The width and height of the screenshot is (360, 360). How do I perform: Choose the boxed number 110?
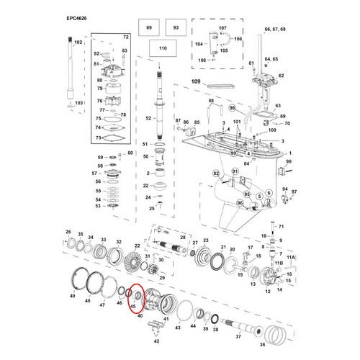coord(162,48)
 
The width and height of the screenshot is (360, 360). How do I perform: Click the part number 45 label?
coord(132,306)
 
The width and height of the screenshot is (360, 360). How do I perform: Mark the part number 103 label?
coord(78,104)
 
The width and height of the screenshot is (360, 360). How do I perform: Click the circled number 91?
coord(233,169)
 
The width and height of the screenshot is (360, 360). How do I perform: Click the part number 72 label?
coord(126,36)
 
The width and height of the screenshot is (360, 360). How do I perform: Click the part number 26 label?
coord(68,231)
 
